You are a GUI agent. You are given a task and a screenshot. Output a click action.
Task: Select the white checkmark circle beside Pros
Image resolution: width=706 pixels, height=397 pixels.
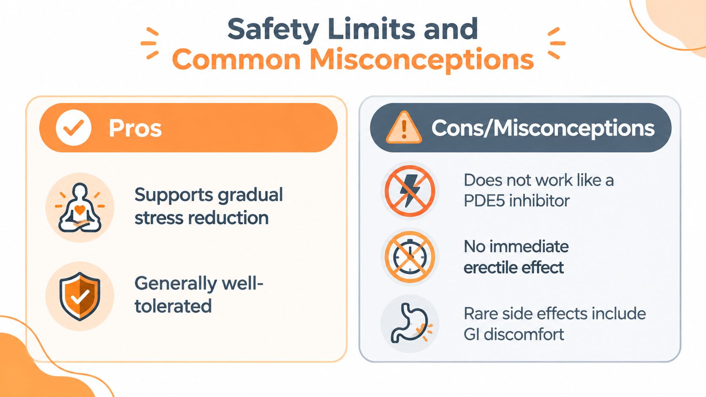coord(73,128)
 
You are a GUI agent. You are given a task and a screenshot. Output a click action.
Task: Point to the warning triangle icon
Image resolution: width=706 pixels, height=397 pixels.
coord(404,128)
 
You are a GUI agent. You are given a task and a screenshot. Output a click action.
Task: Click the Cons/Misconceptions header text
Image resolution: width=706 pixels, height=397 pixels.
coord(543,128)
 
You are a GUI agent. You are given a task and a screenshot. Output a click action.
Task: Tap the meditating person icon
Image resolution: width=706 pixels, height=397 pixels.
coord(80,208)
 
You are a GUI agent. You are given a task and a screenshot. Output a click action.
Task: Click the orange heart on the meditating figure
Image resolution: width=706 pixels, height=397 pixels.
coord(80,210)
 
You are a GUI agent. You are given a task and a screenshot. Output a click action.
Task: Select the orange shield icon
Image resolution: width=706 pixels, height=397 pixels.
coord(80,296)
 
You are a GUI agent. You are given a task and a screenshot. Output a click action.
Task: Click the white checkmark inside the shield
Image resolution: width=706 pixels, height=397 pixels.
coord(80,297)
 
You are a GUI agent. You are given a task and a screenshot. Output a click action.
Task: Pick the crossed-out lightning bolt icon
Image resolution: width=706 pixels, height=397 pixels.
coord(410,191)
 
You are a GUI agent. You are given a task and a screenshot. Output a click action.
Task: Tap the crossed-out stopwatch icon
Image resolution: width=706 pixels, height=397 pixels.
coord(410,257)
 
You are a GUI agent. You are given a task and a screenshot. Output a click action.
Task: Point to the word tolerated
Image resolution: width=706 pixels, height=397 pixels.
coord(173,306)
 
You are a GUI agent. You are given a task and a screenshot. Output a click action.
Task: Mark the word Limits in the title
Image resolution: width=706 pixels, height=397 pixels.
coord(371,29)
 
